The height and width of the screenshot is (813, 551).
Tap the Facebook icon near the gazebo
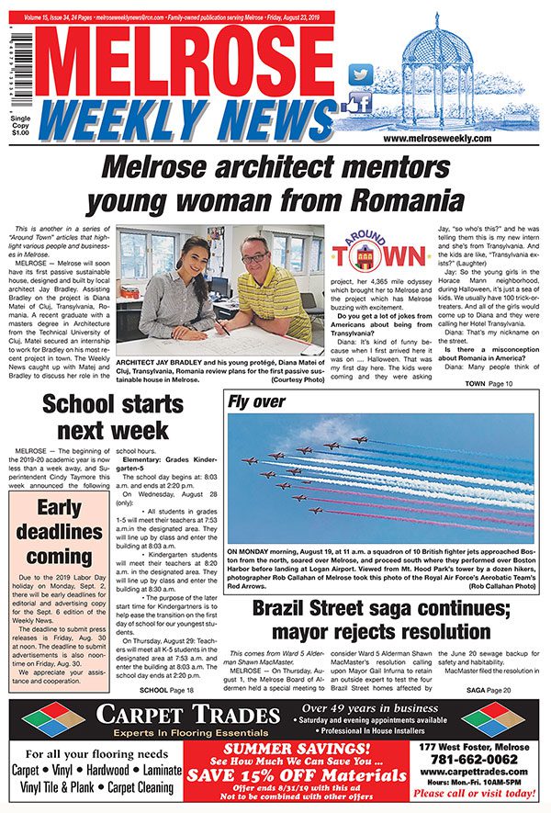[359, 102]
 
